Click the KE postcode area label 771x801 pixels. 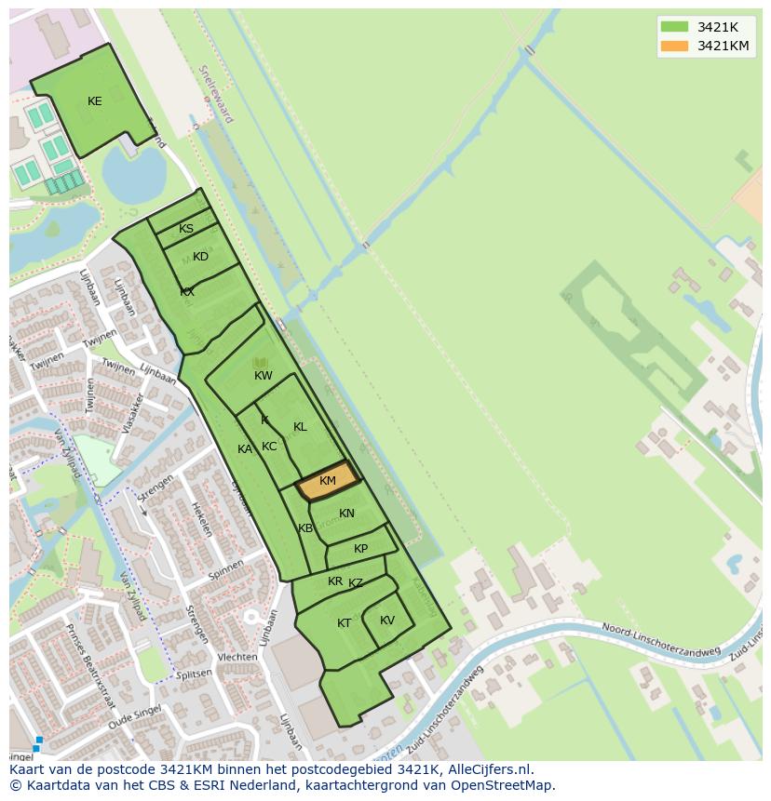pos(94,101)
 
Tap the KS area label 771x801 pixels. pos(186,229)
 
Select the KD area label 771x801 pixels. pos(200,257)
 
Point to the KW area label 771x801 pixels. pos(264,376)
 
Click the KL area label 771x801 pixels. pos(300,427)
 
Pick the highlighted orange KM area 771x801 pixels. pos(328,481)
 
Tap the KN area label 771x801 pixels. pos(346,514)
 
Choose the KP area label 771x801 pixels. pos(360,549)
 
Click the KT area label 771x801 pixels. pos(345,623)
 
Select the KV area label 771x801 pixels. pos(387,621)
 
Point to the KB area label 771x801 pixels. pos(305,528)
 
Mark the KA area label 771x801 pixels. pos(245,449)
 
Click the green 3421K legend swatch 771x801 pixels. pos(674,27)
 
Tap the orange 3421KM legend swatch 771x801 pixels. pos(674,46)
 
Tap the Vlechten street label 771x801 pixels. pos(237,657)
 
